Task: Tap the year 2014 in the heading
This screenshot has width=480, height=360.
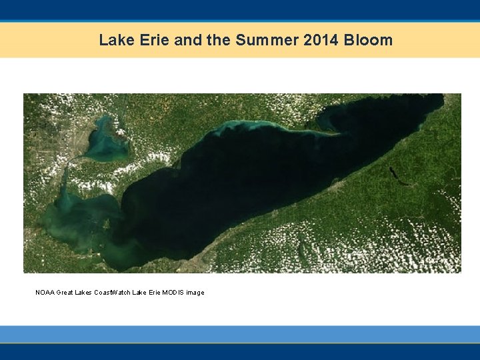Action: [321, 40]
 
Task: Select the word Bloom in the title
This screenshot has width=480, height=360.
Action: [368, 40]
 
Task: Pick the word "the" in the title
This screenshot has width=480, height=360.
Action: [218, 40]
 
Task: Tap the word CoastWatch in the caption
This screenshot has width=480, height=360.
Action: [112, 293]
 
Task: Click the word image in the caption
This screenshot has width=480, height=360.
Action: [195, 293]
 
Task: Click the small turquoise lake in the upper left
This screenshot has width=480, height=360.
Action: [105, 141]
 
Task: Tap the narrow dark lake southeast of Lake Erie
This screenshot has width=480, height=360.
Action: [396, 175]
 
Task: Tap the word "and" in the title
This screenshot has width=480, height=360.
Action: [189, 40]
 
